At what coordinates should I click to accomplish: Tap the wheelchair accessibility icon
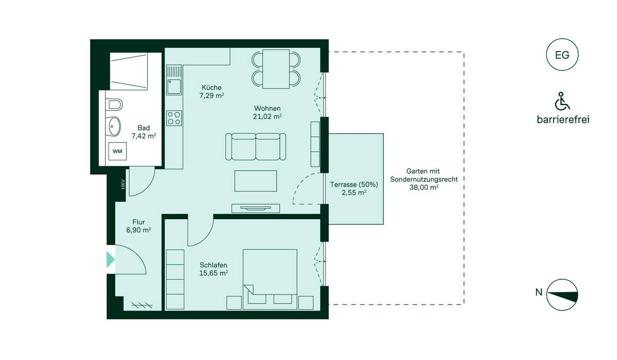tap(562, 101)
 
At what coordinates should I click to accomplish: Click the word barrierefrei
tap(563, 119)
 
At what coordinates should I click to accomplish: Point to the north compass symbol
tap(562, 295)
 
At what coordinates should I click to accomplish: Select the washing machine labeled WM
tap(117, 151)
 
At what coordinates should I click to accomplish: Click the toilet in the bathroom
tap(114, 104)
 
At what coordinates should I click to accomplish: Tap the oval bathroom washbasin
tap(113, 127)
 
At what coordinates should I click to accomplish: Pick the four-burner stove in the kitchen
tap(174, 118)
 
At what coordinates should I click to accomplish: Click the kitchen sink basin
tap(174, 86)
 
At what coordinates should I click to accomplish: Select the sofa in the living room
tap(256, 147)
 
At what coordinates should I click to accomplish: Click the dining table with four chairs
tap(276, 69)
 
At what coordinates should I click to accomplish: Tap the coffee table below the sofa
tap(256, 181)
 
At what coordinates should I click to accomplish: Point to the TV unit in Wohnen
tap(256, 208)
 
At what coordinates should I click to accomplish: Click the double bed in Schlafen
tap(270, 279)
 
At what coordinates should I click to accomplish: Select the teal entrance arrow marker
tap(111, 260)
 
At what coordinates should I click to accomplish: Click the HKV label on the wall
tap(123, 184)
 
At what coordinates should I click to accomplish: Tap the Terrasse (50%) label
tap(354, 185)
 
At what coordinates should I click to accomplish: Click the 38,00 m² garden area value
tap(424, 187)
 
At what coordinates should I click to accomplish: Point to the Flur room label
tap(138, 222)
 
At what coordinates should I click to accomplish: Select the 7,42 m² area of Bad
tap(144, 136)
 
